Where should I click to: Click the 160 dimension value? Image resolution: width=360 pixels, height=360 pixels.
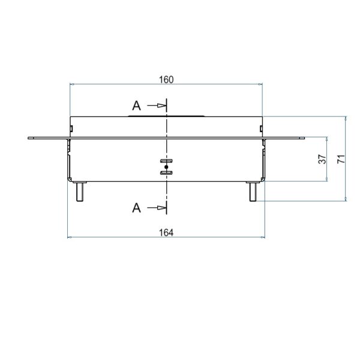pos(166,80)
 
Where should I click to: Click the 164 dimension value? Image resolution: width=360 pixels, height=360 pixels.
pos(166,233)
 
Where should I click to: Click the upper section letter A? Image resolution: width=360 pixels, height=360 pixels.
pos(137,106)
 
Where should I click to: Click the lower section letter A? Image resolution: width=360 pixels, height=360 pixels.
pos(137,208)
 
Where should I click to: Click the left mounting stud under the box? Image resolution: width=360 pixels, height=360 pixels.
pos(80,192)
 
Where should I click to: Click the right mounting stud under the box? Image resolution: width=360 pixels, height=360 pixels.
pos(253,192)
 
